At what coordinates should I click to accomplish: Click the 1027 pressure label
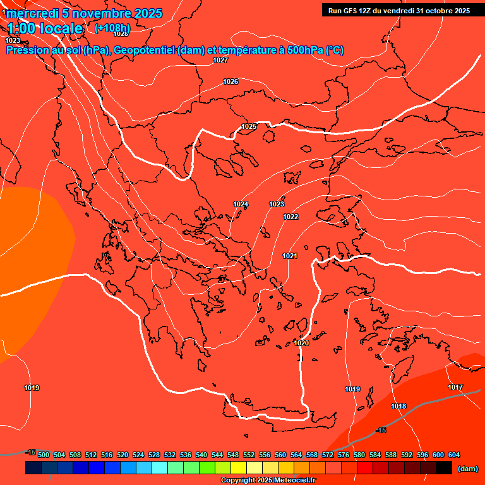point(220,60)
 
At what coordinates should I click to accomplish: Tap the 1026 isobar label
point(231,81)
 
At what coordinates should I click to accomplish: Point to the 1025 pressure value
point(249,126)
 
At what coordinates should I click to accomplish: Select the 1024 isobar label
point(241,204)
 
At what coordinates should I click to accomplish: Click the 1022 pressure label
point(290,217)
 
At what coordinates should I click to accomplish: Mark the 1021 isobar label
point(290,256)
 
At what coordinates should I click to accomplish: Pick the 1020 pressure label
point(301,343)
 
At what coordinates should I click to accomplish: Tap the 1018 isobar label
point(398,406)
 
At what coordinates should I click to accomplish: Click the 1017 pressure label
point(455,387)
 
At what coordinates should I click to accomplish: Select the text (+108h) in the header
point(112,28)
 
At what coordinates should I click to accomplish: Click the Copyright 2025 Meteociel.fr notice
point(268,481)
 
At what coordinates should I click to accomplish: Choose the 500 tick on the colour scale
point(44,455)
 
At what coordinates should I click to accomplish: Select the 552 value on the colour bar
point(249,455)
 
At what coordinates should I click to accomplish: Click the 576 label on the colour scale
point(344,455)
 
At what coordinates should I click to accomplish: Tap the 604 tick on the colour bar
point(454,455)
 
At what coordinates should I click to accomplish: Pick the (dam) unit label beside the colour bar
point(467,468)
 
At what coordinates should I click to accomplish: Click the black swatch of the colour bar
point(443,467)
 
